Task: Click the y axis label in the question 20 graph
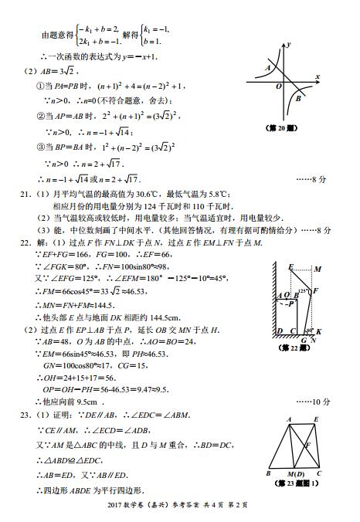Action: [288, 46]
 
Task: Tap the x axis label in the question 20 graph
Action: [318, 76]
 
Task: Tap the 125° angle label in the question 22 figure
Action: [303, 291]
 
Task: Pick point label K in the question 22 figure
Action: [318, 331]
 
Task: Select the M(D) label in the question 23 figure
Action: [296, 473]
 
